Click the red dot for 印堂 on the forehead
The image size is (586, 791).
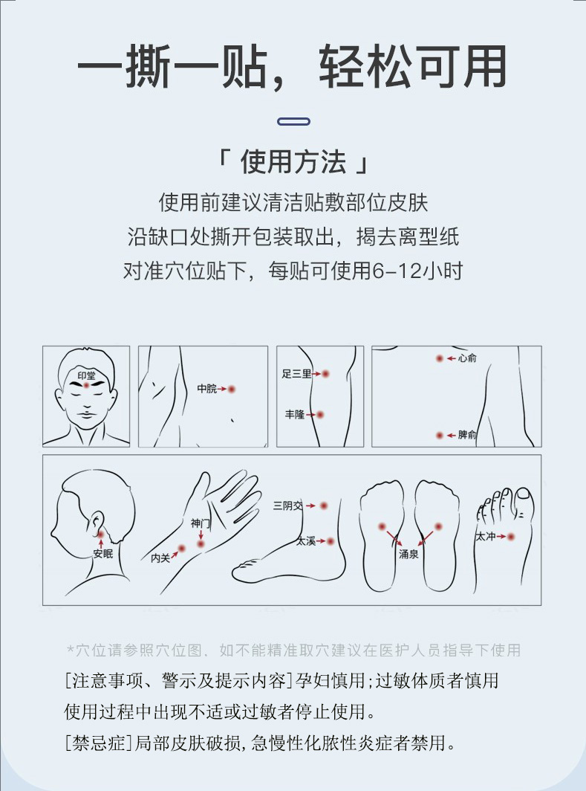pyautogui.click(x=86, y=385)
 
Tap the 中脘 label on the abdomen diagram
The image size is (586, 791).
pyautogui.click(x=207, y=388)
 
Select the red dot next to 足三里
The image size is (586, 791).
pyautogui.click(x=325, y=374)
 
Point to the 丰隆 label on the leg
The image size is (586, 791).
pyautogui.click(x=295, y=415)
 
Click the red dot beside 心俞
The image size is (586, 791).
pyautogui.click(x=440, y=358)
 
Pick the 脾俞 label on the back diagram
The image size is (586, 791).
pyautogui.click(x=467, y=435)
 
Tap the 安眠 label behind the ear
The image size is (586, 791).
pyautogui.click(x=102, y=553)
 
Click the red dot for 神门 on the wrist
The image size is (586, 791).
pyautogui.click(x=201, y=544)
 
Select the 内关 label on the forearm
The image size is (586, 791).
pyautogui.click(x=160, y=558)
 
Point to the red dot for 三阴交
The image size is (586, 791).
pyautogui.click(x=324, y=506)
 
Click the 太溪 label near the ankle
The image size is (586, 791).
pyautogui.click(x=306, y=541)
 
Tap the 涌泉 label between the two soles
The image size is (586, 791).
pyautogui.click(x=408, y=554)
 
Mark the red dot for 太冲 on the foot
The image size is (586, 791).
pyautogui.click(x=511, y=537)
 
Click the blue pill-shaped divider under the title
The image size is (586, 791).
pyautogui.click(x=294, y=122)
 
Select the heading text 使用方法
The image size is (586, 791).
pyautogui.click(x=293, y=162)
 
